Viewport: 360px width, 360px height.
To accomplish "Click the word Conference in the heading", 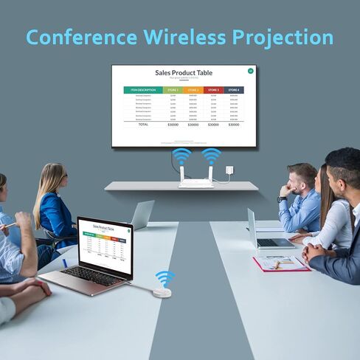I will click(81, 37).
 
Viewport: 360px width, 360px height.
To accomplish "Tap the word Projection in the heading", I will click(285, 38).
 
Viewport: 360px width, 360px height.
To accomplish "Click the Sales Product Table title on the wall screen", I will click(184, 73).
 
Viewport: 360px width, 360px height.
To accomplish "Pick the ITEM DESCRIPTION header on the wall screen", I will click(143, 90).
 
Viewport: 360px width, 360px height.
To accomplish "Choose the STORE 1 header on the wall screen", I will click(173, 90).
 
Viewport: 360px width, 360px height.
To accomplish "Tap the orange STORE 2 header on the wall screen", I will click(193, 90).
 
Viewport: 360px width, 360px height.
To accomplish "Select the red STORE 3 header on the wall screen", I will click(213, 90).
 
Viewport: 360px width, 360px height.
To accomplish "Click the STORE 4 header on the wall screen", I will click(234, 90).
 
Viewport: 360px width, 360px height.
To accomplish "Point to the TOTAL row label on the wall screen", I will click(143, 124).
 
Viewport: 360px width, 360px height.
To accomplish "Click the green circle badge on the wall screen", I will click(251, 71).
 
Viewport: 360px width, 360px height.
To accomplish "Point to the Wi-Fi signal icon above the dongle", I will click(165, 278).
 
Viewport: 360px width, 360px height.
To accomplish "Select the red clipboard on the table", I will click(281, 263).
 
